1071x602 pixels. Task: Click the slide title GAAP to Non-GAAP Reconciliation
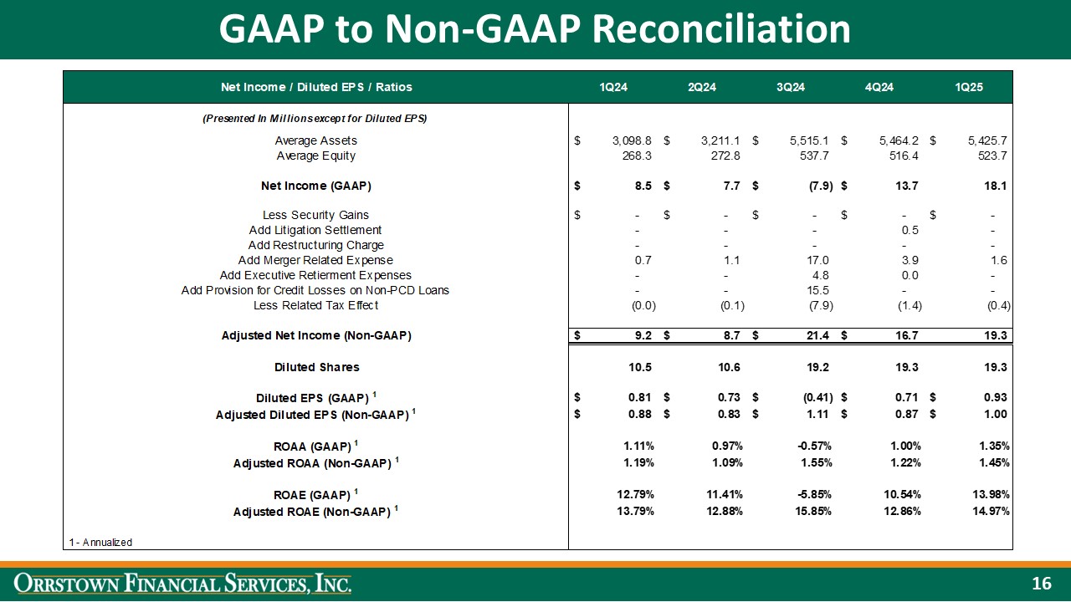(x=535, y=30)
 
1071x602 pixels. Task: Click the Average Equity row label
(x=315, y=156)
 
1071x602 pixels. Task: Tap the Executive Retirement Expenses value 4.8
(x=821, y=275)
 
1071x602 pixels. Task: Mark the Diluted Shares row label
(x=317, y=367)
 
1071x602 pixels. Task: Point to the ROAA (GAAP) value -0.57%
(x=812, y=445)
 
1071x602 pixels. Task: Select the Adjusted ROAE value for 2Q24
(x=721, y=511)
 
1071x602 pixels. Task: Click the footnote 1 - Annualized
(x=101, y=543)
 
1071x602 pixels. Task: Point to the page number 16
(x=1041, y=584)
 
